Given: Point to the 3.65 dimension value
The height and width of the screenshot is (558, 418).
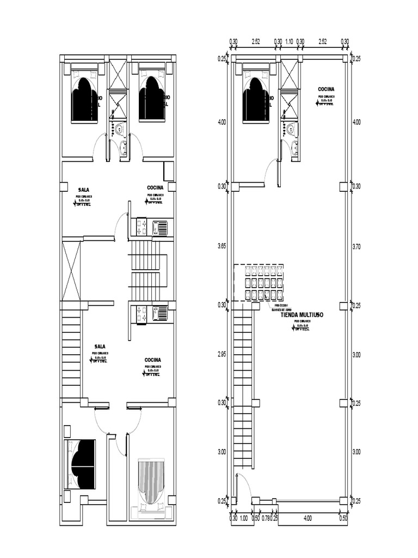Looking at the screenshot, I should click(222, 246).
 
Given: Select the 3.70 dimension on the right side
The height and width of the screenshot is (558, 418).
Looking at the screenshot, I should click(356, 246).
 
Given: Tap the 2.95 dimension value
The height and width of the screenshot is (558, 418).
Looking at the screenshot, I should click(222, 354).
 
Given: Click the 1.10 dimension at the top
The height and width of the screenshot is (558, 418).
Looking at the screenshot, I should click(290, 41).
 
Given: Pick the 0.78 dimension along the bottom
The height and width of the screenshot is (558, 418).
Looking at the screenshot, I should click(265, 518).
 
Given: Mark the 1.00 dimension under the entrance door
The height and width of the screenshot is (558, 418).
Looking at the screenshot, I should click(243, 518).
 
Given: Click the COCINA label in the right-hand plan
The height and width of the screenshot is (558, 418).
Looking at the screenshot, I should click(326, 89).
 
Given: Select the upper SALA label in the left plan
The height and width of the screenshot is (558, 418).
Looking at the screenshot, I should click(83, 190).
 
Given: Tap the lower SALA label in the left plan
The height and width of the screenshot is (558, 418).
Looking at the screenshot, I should click(100, 346).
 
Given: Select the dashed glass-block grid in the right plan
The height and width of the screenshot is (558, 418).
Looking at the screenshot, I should click(259, 282).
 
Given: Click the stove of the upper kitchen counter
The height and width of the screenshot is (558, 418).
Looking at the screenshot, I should click(142, 227).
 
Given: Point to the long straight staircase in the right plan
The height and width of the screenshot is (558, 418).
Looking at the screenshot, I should click(243, 387).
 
